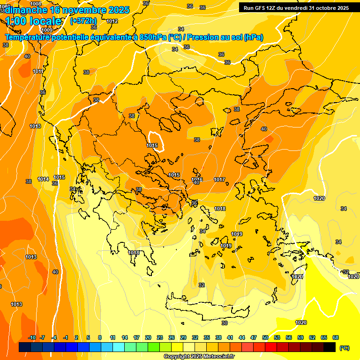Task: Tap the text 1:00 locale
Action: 33,21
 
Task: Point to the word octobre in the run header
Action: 320,8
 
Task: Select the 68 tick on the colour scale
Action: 336,337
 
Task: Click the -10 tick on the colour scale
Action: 32,337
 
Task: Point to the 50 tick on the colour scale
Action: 265,337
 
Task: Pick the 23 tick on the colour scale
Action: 160,337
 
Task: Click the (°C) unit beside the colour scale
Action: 344,348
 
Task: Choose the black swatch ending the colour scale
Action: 330,347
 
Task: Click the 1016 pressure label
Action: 197,180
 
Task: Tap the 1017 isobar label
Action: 219,180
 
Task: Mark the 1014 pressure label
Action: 44,179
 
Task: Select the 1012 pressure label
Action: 112,21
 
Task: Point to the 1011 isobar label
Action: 38,71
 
